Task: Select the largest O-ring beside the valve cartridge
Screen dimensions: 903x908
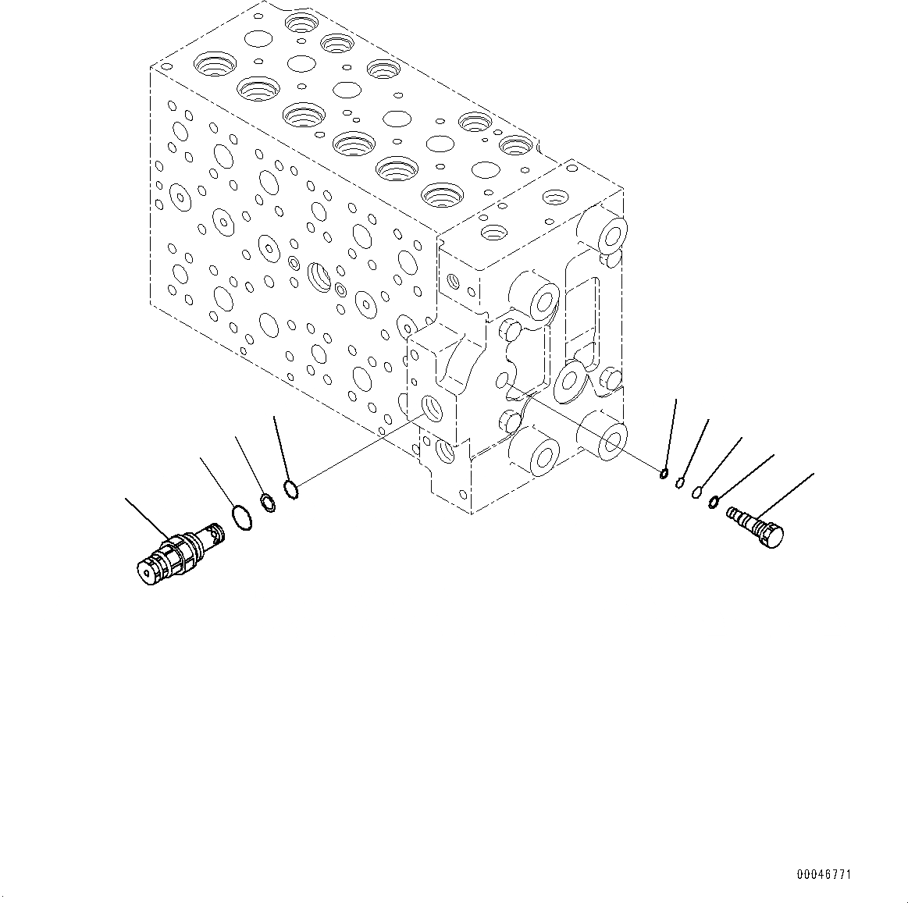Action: pyautogui.click(x=243, y=517)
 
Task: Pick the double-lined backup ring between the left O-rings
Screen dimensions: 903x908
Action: pyautogui.click(x=267, y=503)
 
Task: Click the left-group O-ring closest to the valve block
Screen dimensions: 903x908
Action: pyautogui.click(x=291, y=490)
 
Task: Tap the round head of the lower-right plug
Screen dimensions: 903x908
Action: pyautogui.click(x=773, y=535)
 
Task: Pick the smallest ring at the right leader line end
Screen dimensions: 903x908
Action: pyautogui.click(x=664, y=471)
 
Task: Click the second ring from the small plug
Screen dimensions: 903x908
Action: pyautogui.click(x=696, y=492)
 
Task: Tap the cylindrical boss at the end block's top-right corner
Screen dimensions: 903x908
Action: pyautogui.click(x=608, y=232)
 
